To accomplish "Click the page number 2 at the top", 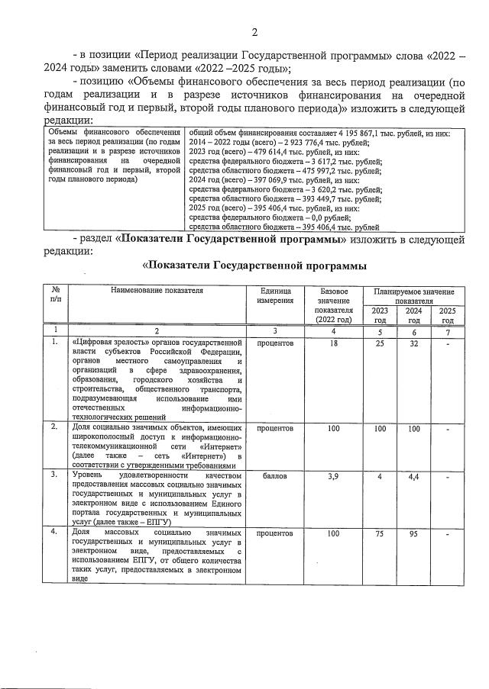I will [255, 31].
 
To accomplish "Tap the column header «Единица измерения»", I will [276, 295].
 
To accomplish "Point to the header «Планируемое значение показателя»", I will [414, 296].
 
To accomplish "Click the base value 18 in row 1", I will [333, 344].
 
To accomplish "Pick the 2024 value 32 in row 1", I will [413, 344].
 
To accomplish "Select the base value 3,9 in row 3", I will [333, 475].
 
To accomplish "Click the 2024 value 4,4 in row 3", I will [413, 475].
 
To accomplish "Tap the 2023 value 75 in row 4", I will [380, 533].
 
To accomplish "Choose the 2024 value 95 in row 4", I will [413, 533].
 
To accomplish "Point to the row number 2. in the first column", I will [54, 427].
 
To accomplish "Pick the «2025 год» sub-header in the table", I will [446, 315].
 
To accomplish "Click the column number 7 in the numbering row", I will [446, 330].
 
